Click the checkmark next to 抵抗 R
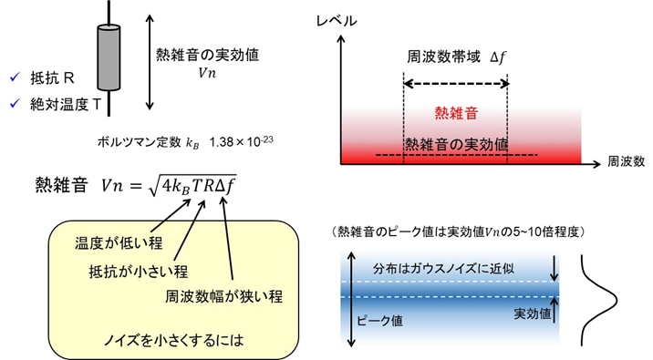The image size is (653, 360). click(x=14, y=78)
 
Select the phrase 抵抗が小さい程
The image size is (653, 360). click(x=124, y=271)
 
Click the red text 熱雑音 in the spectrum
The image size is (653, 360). click(x=455, y=113)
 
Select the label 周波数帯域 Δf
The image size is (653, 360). click(x=455, y=57)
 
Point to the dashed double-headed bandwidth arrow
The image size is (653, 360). click(x=455, y=83)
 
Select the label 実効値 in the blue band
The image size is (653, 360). click(x=533, y=312)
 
